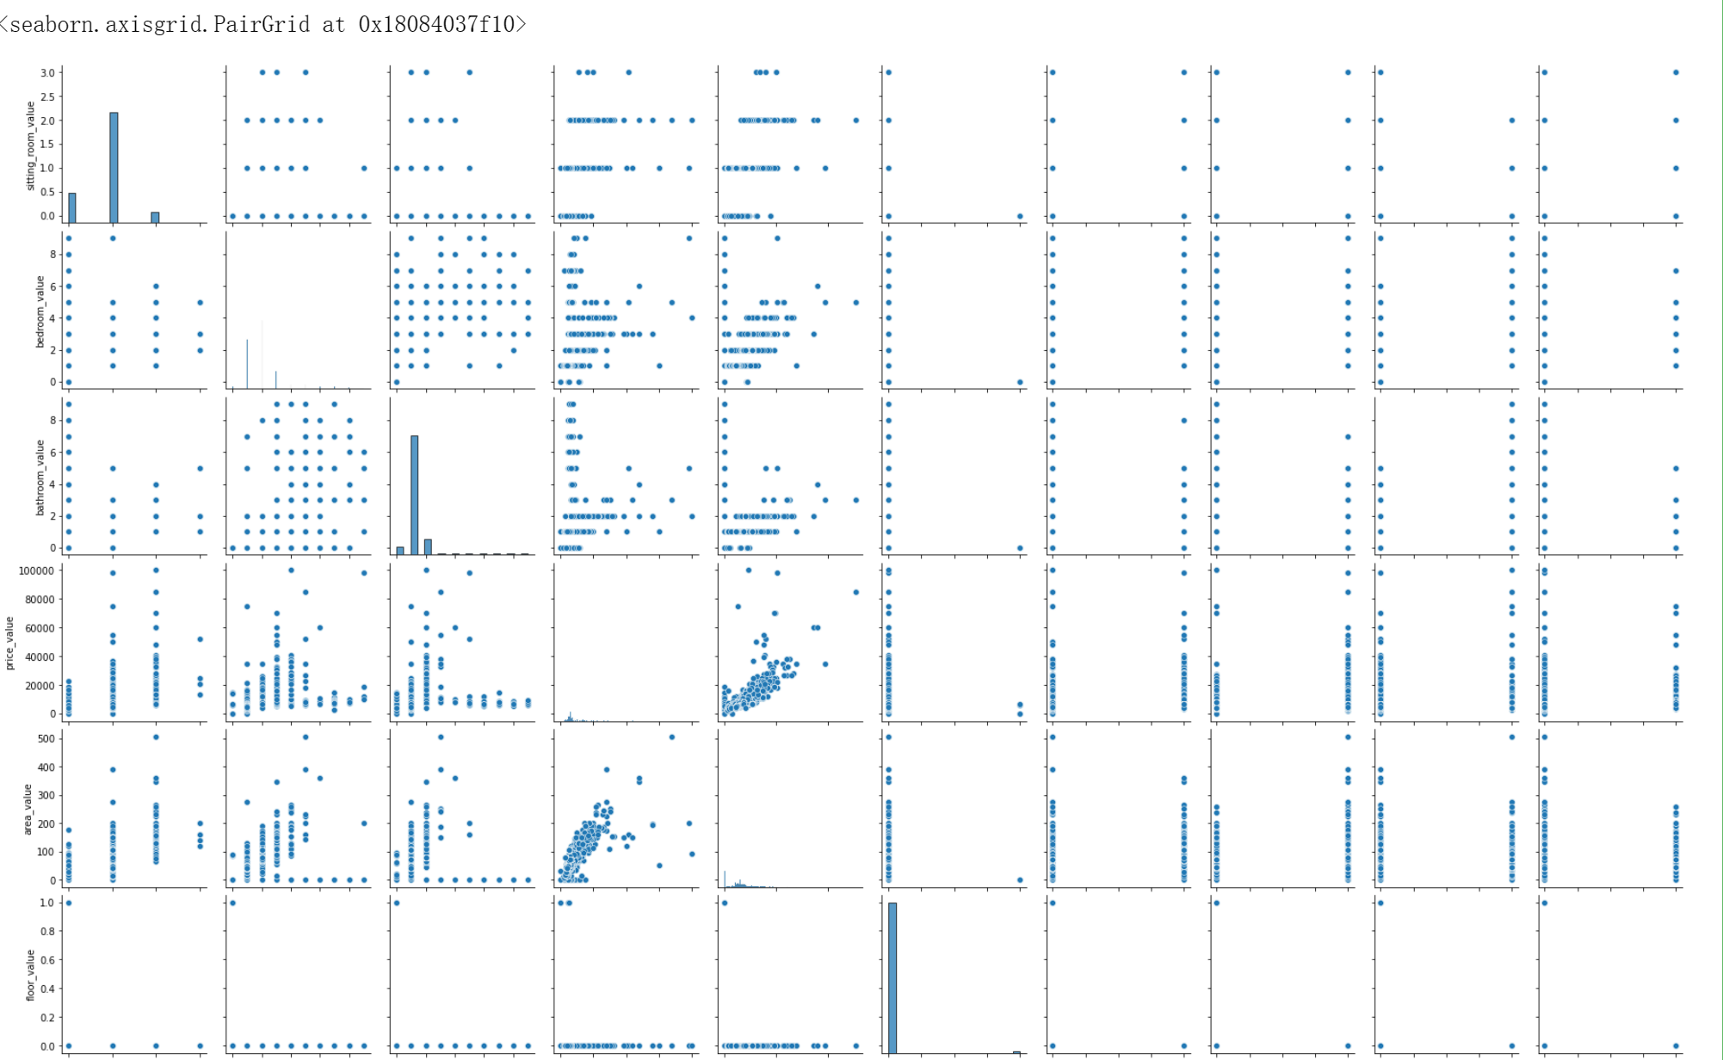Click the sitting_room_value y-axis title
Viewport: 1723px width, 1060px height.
point(31,145)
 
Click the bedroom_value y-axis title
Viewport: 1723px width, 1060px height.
point(40,311)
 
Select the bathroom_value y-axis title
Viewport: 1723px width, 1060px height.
point(40,478)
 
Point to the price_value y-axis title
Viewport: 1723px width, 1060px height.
point(10,643)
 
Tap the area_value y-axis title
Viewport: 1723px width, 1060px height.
point(28,809)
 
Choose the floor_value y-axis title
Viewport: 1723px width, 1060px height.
point(31,975)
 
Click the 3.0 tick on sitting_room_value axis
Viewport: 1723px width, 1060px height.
point(46,73)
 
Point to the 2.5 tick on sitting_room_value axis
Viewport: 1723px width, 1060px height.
point(46,97)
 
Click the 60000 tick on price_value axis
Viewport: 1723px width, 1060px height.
point(40,629)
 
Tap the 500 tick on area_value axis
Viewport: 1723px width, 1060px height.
point(46,739)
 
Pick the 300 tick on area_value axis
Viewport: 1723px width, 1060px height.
point(46,796)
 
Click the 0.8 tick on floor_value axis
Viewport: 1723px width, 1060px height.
point(46,932)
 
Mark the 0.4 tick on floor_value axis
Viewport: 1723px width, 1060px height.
point(46,989)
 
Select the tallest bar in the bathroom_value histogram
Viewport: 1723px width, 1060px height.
point(414,495)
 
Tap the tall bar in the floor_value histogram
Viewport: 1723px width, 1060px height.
point(892,977)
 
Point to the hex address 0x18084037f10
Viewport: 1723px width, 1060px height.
point(436,24)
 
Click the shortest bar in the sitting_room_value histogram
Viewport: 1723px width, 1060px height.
point(155,218)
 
